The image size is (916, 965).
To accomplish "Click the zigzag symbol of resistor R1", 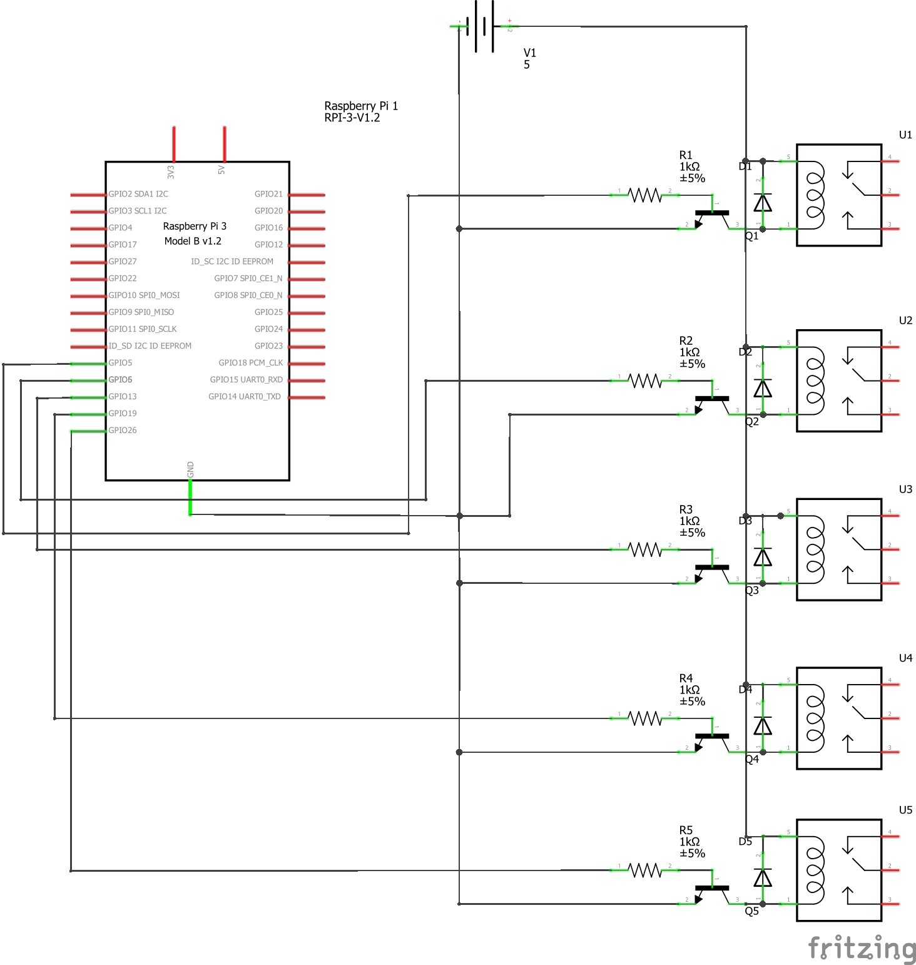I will point(645,195).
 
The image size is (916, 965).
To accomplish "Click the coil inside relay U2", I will point(815,380).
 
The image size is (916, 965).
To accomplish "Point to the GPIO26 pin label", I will point(123,431).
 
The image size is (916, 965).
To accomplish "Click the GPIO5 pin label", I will point(120,363).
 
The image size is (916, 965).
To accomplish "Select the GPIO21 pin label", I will point(268,194).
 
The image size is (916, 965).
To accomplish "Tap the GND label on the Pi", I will point(190,469).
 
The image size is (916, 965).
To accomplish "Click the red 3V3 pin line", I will point(174,144).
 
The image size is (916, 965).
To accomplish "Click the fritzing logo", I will point(862,947).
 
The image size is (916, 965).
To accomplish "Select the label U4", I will point(905,658).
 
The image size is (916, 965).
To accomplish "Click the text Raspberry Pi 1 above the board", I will point(361,106).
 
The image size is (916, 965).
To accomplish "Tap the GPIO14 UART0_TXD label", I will point(245,397).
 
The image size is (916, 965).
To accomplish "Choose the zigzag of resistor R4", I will point(645,718).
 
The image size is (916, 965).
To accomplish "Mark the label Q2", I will point(751,422).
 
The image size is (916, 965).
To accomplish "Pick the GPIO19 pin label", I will point(123,414).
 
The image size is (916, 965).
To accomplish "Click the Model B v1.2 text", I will point(193,242).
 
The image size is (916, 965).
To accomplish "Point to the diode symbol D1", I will point(762,203).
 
